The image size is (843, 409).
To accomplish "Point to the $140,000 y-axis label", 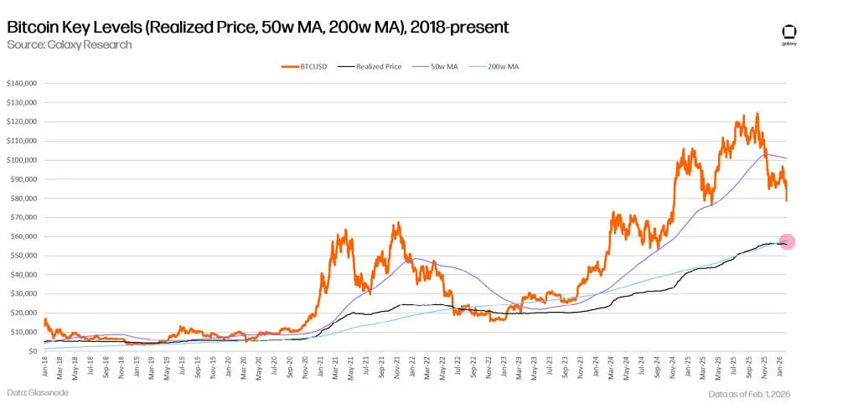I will click(21, 84).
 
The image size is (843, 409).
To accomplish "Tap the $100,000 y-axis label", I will click(21, 160).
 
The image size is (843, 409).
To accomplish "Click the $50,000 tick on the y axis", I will click(23, 256).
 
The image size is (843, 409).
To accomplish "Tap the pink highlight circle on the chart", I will click(787, 241).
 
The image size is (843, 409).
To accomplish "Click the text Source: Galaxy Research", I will click(69, 44).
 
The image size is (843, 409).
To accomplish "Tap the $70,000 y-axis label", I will click(23, 217).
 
